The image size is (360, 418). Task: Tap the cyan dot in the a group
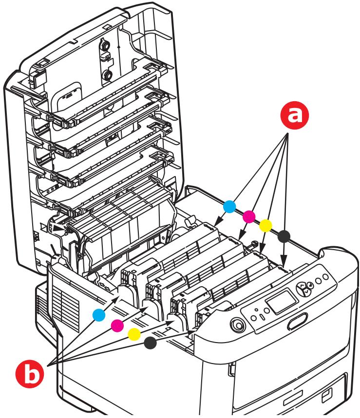[x=230, y=206]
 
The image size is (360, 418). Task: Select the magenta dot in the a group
[x=248, y=216]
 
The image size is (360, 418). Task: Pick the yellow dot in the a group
[x=265, y=225]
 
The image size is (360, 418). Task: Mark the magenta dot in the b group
[x=116, y=325]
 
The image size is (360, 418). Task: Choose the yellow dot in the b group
[x=133, y=333]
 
